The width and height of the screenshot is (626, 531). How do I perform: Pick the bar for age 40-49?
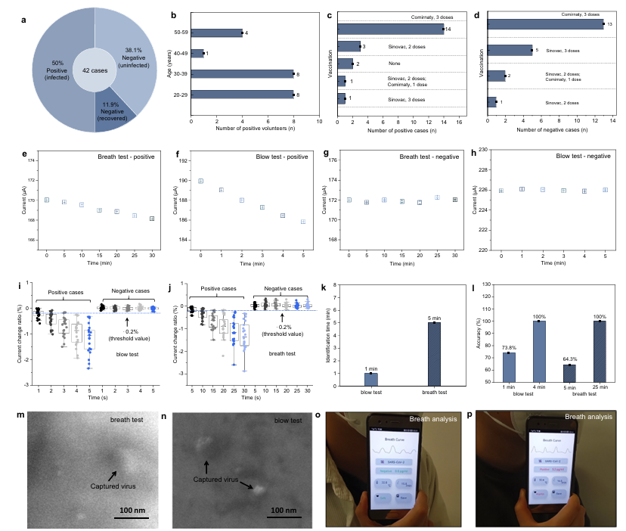click(197, 54)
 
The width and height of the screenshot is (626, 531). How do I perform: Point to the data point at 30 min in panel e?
click(152, 219)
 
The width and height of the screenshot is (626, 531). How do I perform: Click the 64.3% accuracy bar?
click(569, 376)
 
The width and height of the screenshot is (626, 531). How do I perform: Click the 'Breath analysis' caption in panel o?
click(435, 418)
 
